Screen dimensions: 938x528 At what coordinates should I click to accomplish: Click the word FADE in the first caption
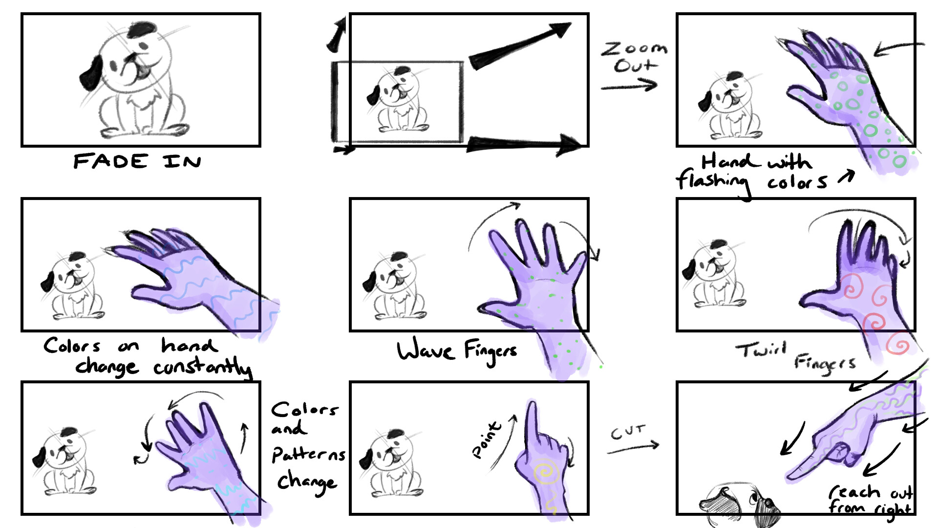click(x=110, y=161)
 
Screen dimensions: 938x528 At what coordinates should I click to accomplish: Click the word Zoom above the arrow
click(x=634, y=48)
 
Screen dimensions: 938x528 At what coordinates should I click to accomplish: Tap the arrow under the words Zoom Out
click(x=629, y=86)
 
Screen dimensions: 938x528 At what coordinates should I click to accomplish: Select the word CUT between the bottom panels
click(x=628, y=432)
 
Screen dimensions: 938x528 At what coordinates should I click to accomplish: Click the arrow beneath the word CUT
click(x=633, y=447)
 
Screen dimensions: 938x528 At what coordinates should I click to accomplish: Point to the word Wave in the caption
click(x=425, y=350)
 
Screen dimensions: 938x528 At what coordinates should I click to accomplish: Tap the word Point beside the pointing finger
click(x=487, y=440)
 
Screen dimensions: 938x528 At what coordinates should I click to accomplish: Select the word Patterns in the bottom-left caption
click(x=308, y=455)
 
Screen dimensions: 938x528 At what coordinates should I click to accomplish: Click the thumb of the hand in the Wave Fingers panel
click(x=494, y=309)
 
